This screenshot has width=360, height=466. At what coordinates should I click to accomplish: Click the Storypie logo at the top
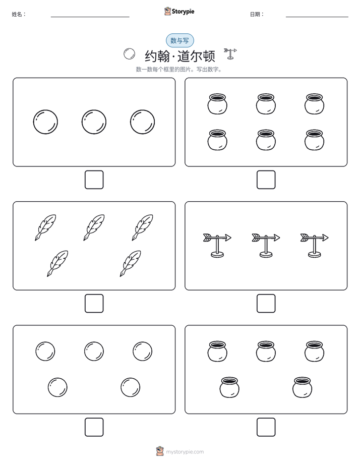pyautogui.click(x=179, y=11)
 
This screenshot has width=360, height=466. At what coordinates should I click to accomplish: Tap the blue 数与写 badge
pyautogui.click(x=179, y=40)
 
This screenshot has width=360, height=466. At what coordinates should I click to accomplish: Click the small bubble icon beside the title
pyautogui.click(x=129, y=54)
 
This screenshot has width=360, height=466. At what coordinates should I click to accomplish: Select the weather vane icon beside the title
pyautogui.click(x=230, y=53)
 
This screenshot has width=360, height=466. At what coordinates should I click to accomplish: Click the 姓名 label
pyautogui.click(x=19, y=14)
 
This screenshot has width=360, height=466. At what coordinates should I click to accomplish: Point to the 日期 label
pyautogui.click(x=257, y=14)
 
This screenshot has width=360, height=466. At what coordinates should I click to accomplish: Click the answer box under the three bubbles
pyautogui.click(x=94, y=180)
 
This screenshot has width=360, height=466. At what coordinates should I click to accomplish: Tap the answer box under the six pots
pyautogui.click(x=266, y=180)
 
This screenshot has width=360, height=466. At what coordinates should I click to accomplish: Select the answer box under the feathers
pyautogui.click(x=94, y=303)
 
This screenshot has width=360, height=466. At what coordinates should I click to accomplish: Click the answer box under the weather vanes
pyautogui.click(x=266, y=303)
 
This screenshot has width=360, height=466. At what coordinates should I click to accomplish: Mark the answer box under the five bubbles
pyautogui.click(x=94, y=427)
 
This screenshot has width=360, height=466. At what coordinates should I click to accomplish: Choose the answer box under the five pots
pyautogui.click(x=266, y=427)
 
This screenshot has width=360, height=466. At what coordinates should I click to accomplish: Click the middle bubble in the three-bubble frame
pyautogui.click(x=94, y=122)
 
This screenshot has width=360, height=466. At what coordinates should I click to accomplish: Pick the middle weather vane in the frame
pyautogui.click(x=266, y=245)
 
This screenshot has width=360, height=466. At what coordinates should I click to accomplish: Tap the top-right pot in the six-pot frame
pyautogui.click(x=314, y=104)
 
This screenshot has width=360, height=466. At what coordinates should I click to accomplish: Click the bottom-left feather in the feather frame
pyautogui.click(x=57, y=264)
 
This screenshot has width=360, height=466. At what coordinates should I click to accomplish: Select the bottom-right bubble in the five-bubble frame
pyautogui.click(x=131, y=387)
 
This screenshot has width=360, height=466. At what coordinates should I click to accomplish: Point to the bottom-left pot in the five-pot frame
pyautogui.click(x=229, y=387)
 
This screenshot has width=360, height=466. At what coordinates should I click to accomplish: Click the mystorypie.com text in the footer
pyautogui.click(x=185, y=452)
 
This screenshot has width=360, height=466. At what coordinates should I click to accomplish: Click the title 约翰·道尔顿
pyautogui.click(x=180, y=56)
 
